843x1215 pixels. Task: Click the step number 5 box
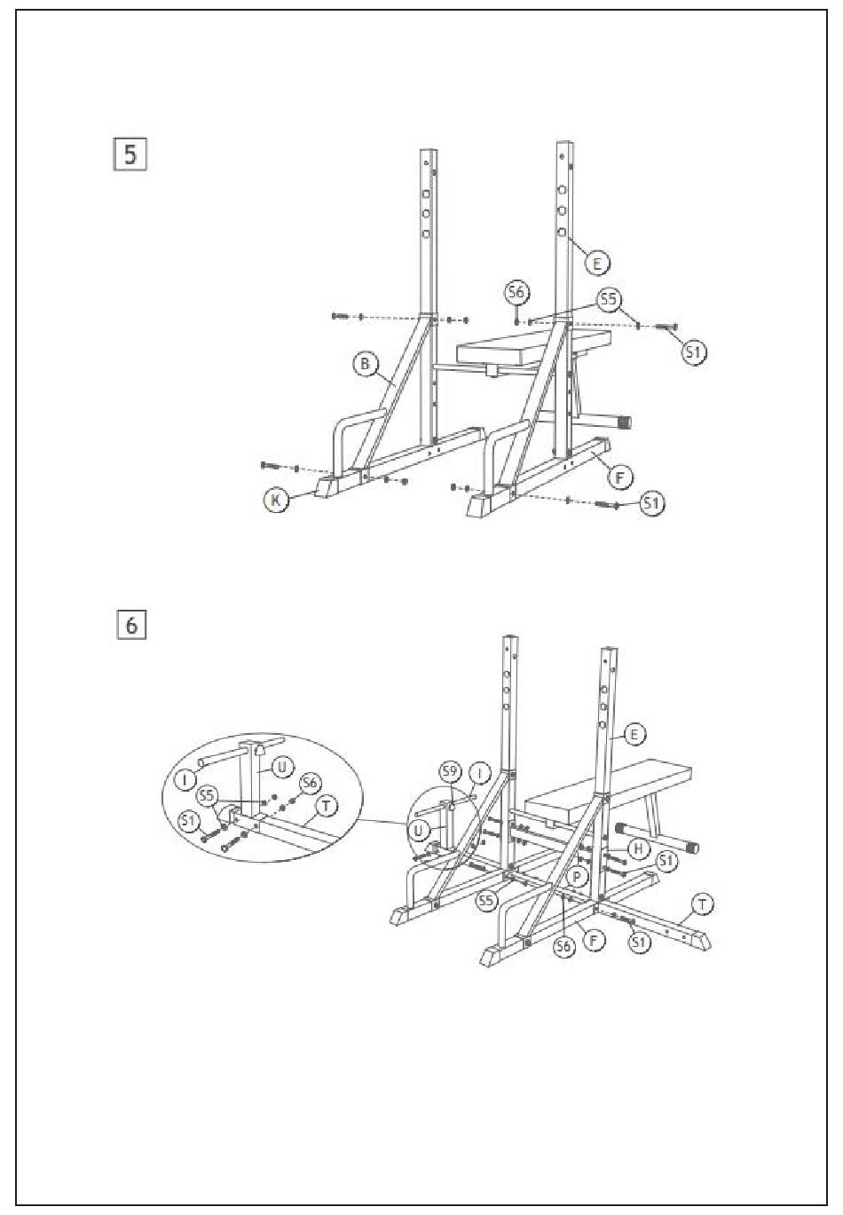(x=130, y=154)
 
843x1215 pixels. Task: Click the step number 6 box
(x=131, y=625)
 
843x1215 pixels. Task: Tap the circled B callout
(x=365, y=364)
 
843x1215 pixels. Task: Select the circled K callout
(x=277, y=500)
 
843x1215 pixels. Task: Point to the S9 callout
(x=451, y=770)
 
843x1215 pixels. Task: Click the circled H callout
(x=636, y=848)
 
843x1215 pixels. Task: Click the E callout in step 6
(x=634, y=734)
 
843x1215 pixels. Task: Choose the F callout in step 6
(x=592, y=937)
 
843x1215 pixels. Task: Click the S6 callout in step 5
(x=516, y=292)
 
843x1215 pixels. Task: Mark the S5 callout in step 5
(x=608, y=300)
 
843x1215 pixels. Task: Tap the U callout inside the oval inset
(x=281, y=765)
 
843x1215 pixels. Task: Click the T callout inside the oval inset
(x=327, y=805)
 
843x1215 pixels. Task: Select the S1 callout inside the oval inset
(x=187, y=821)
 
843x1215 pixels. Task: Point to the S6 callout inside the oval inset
(x=309, y=783)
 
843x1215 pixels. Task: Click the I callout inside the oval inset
(x=185, y=780)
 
